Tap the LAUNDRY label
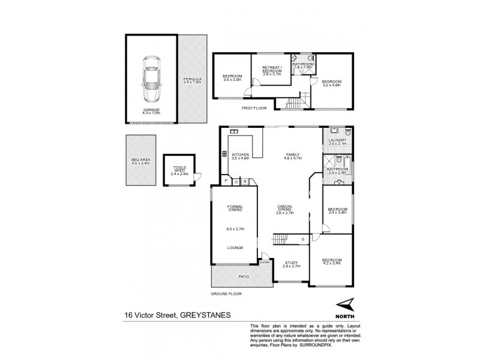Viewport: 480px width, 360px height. click(x=338, y=140)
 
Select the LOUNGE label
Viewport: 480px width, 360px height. click(x=234, y=246)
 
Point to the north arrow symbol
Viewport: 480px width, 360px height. click(x=344, y=305)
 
